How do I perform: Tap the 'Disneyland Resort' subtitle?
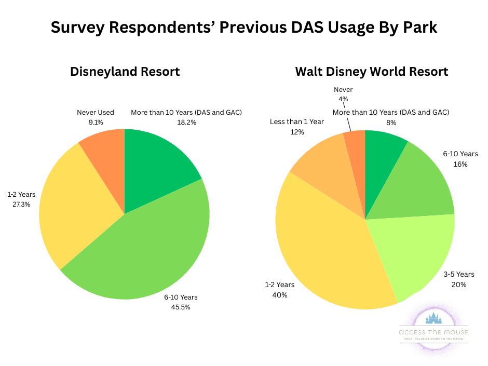click(x=125, y=72)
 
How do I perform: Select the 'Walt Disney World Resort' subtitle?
click(x=371, y=72)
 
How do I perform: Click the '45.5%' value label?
click(x=181, y=307)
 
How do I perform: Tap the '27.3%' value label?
click(x=21, y=204)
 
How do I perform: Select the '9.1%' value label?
click(x=95, y=122)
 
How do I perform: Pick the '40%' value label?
click(x=280, y=295)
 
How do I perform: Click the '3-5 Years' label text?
click(x=458, y=274)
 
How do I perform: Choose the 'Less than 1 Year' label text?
click(x=297, y=121)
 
